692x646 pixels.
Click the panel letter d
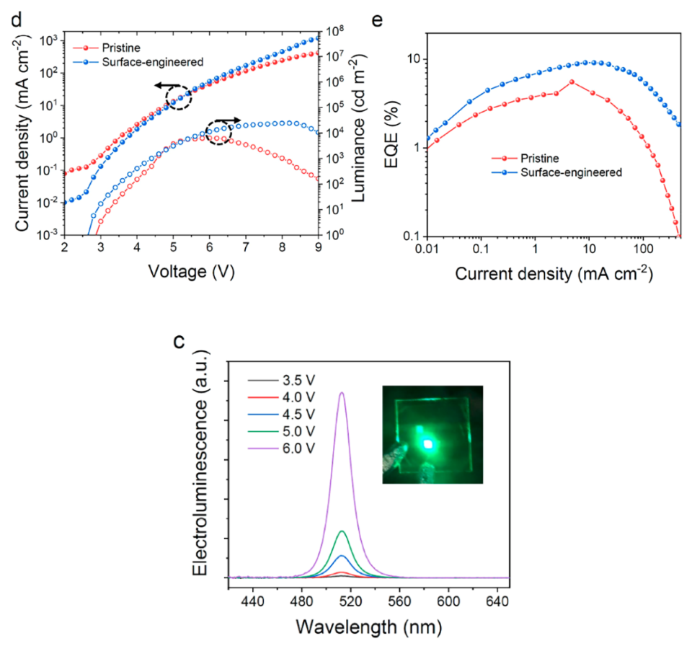(x=16, y=20)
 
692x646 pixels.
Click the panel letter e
(x=377, y=21)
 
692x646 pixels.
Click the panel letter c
(x=179, y=342)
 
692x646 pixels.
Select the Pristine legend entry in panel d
(x=107, y=48)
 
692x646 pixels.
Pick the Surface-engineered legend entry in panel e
(x=557, y=172)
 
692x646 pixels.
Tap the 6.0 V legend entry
(x=282, y=448)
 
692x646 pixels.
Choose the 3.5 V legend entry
(x=282, y=380)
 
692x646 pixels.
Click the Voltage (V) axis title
(x=191, y=272)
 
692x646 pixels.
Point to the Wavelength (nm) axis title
(x=368, y=627)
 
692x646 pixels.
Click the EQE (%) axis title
(x=391, y=135)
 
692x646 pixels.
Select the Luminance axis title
(x=358, y=128)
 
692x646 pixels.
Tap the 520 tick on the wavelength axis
(x=351, y=601)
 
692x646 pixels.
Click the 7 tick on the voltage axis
(x=246, y=247)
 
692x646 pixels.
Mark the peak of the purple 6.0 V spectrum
(x=342, y=392)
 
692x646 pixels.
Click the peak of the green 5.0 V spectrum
(x=342, y=531)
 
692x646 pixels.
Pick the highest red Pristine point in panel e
(x=572, y=81)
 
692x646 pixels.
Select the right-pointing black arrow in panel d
(x=229, y=120)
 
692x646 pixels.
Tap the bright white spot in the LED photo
(x=427, y=444)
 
